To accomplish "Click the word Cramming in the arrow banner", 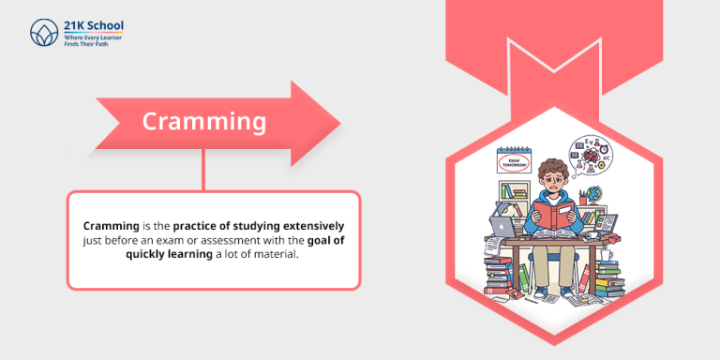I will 203,122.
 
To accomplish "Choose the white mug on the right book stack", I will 607,254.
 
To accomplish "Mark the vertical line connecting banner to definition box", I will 203,173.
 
